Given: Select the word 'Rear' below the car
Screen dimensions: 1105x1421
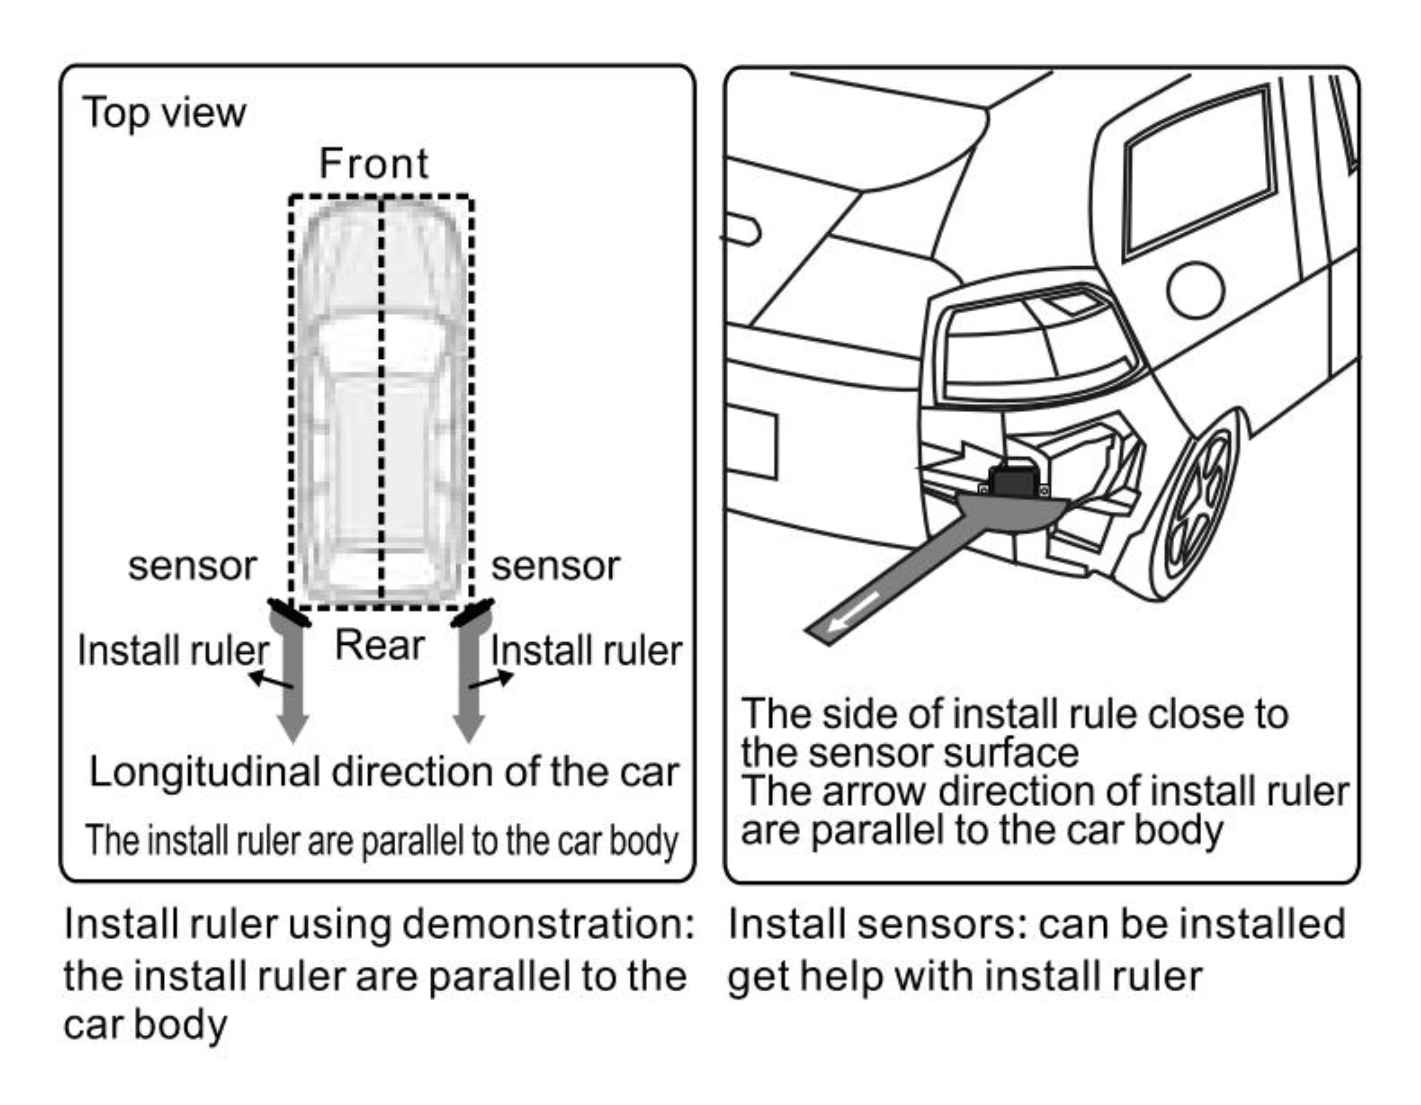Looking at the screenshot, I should pyautogui.click(x=379, y=646).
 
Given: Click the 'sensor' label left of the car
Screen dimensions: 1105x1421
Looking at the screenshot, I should pyautogui.click(x=193, y=566).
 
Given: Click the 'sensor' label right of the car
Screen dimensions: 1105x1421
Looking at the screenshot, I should pyautogui.click(x=555, y=566).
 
